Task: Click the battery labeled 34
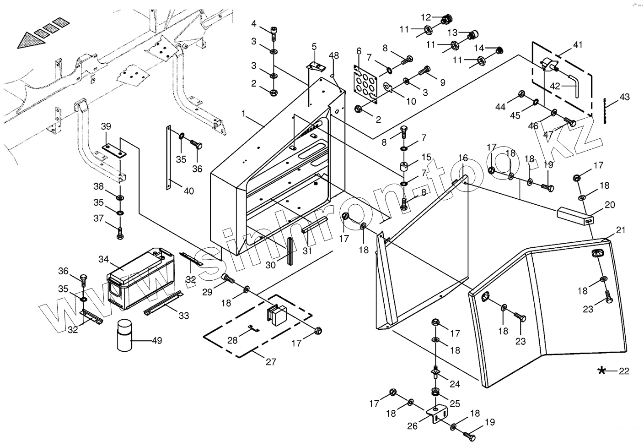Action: pyautogui.click(x=140, y=278)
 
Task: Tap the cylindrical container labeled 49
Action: pyautogui.click(x=125, y=336)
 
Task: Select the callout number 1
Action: pyautogui.click(x=244, y=114)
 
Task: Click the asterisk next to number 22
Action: pyautogui.click(x=601, y=371)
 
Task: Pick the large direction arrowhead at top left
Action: pyautogui.click(x=31, y=40)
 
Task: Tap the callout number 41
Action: pyautogui.click(x=577, y=45)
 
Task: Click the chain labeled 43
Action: pyautogui.click(x=605, y=111)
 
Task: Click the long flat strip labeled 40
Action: pyautogui.click(x=169, y=158)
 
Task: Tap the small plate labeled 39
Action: pyautogui.click(x=114, y=150)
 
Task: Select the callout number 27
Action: pyautogui.click(x=271, y=362)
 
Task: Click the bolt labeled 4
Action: pyautogui.click(x=273, y=34)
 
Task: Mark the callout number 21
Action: pyautogui.click(x=621, y=230)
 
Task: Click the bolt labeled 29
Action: pyautogui.click(x=227, y=278)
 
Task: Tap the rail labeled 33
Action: pyautogui.click(x=164, y=303)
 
